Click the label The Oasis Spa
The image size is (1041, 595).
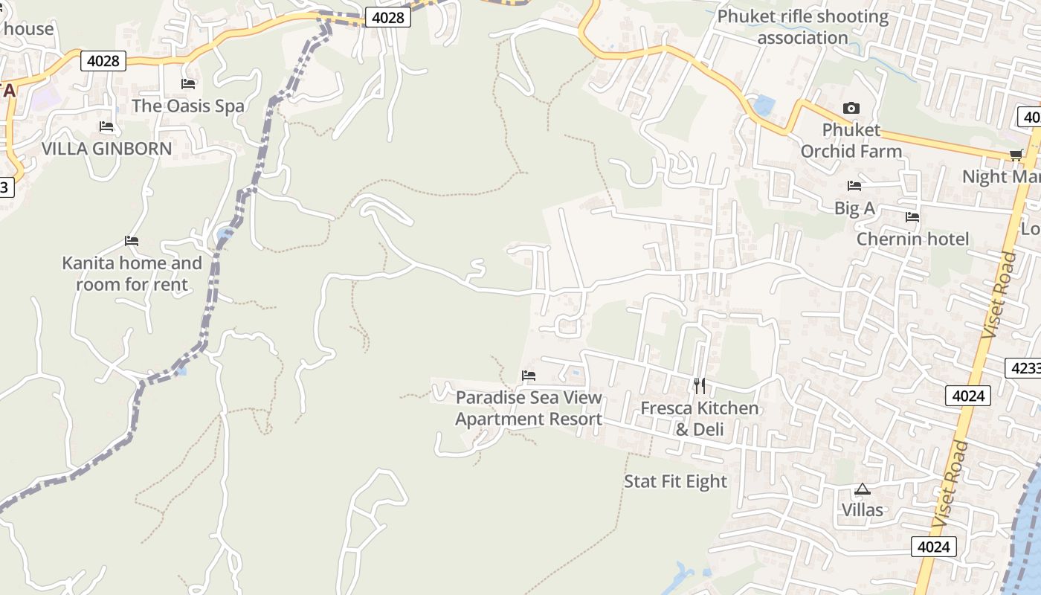(x=187, y=106)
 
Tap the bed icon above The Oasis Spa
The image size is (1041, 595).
(x=188, y=84)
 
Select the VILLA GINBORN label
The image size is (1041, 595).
(x=106, y=148)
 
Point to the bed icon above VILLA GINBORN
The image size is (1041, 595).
(x=106, y=126)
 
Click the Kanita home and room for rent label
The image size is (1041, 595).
(x=132, y=274)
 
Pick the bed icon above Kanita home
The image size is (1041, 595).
(x=132, y=241)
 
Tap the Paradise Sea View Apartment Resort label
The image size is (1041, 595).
(x=529, y=408)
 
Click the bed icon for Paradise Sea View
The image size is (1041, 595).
(x=529, y=376)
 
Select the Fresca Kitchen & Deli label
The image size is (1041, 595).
(x=700, y=419)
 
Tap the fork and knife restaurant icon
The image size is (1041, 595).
(x=700, y=385)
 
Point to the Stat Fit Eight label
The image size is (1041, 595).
(x=675, y=481)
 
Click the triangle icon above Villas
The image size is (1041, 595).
(x=862, y=489)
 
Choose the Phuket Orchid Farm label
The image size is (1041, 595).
(x=851, y=141)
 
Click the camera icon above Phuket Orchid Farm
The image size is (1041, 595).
(x=851, y=109)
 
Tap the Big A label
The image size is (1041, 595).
(x=854, y=208)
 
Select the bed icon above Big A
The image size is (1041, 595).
(x=854, y=186)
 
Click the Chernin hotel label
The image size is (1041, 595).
(x=912, y=239)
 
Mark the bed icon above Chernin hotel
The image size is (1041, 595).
(x=912, y=217)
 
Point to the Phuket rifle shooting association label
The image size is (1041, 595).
(x=803, y=27)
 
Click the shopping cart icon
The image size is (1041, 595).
(x=1016, y=155)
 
